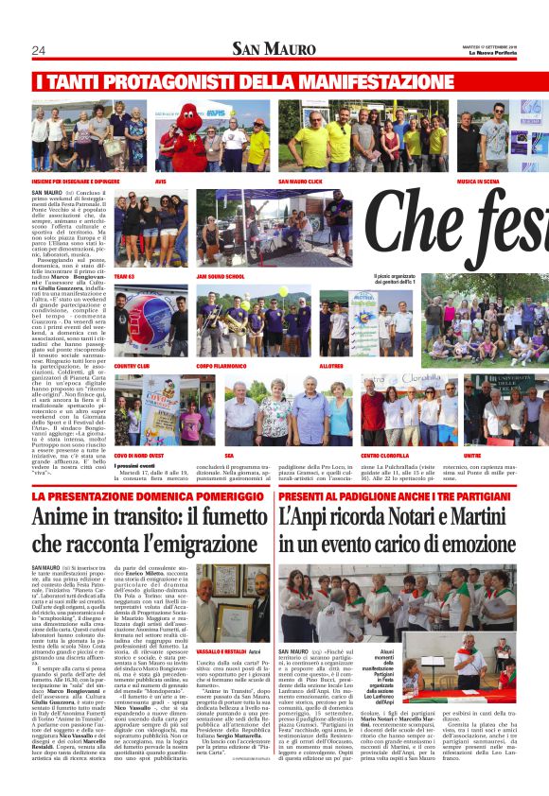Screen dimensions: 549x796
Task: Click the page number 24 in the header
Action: pos(39,50)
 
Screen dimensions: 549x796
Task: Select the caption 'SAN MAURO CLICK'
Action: pos(302,180)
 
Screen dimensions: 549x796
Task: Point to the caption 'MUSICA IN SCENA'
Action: pos(480,180)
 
